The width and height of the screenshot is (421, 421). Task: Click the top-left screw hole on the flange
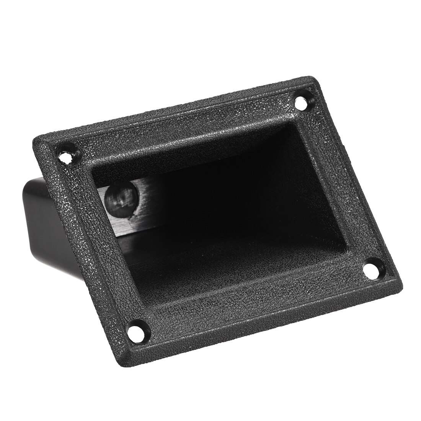pyautogui.click(x=69, y=155)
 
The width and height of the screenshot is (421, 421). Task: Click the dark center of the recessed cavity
pyautogui.click(x=222, y=214)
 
